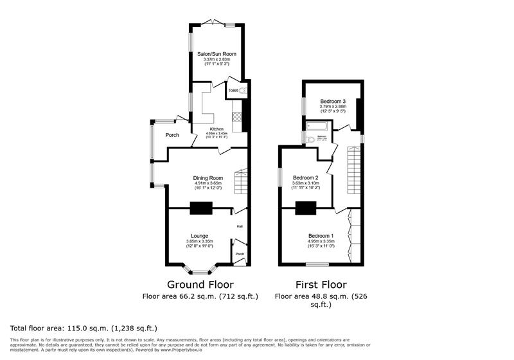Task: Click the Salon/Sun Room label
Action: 216,55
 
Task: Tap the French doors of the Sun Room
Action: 216,24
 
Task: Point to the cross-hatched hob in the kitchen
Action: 236,118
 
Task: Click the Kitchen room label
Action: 217,129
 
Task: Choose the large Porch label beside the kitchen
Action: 172,135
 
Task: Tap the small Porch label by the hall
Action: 240,254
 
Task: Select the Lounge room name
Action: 199,236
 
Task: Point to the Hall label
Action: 240,226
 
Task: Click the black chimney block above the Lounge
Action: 201,208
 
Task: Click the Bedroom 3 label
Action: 333,102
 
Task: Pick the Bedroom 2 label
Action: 306,178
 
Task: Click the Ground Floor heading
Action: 200,284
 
